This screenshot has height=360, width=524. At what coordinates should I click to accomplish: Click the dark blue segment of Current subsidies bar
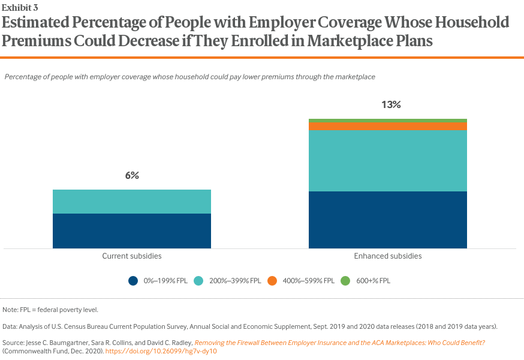coord(132,231)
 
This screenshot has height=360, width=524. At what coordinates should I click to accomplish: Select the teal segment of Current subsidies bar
coord(132,202)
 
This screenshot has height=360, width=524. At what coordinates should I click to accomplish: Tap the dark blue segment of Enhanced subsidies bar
coord(387,220)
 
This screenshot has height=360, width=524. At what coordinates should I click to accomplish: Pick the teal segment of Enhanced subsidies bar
coord(387,161)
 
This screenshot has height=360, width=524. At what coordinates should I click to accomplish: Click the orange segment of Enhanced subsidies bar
coord(387,126)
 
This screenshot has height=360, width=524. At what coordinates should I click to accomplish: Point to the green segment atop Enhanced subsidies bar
coord(387,121)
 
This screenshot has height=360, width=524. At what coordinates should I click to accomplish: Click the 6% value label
coord(132,175)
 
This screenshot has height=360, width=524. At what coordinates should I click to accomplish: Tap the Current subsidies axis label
coord(132,256)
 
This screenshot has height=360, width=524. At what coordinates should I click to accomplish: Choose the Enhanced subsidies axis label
coord(387,256)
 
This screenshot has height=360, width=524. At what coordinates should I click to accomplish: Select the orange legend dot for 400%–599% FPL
coord(272,280)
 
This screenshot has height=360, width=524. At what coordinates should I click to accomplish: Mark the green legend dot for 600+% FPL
coord(345,280)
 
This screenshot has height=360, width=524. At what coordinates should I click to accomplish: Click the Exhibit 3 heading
coord(20,7)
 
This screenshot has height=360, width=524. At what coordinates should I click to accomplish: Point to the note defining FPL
coord(50,310)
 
